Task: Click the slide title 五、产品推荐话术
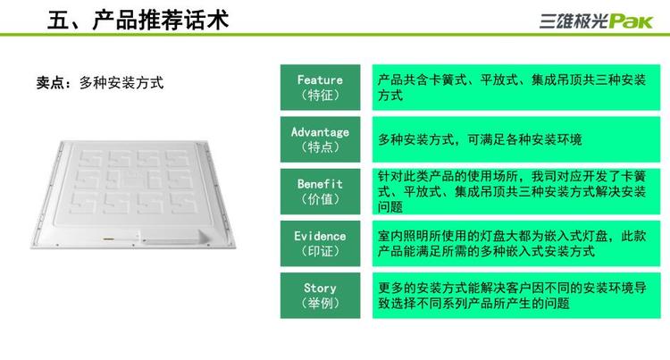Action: [x=138, y=20]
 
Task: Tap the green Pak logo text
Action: [x=631, y=21]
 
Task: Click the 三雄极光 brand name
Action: [x=574, y=21]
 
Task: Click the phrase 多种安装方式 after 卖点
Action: [x=121, y=82]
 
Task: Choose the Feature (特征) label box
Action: [x=320, y=88]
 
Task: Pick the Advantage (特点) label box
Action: [x=320, y=139]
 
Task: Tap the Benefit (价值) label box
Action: [x=320, y=191]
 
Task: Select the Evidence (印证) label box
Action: [x=320, y=243]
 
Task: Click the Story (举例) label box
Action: [x=320, y=296]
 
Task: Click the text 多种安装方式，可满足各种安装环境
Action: [x=480, y=139]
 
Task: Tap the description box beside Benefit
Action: [x=516, y=191]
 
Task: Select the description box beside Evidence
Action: [x=516, y=243]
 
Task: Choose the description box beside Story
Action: [x=516, y=296]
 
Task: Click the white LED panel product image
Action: [x=133, y=194]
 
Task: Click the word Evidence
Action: [x=320, y=236]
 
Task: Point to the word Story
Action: [x=320, y=289]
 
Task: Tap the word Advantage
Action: [x=320, y=132]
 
